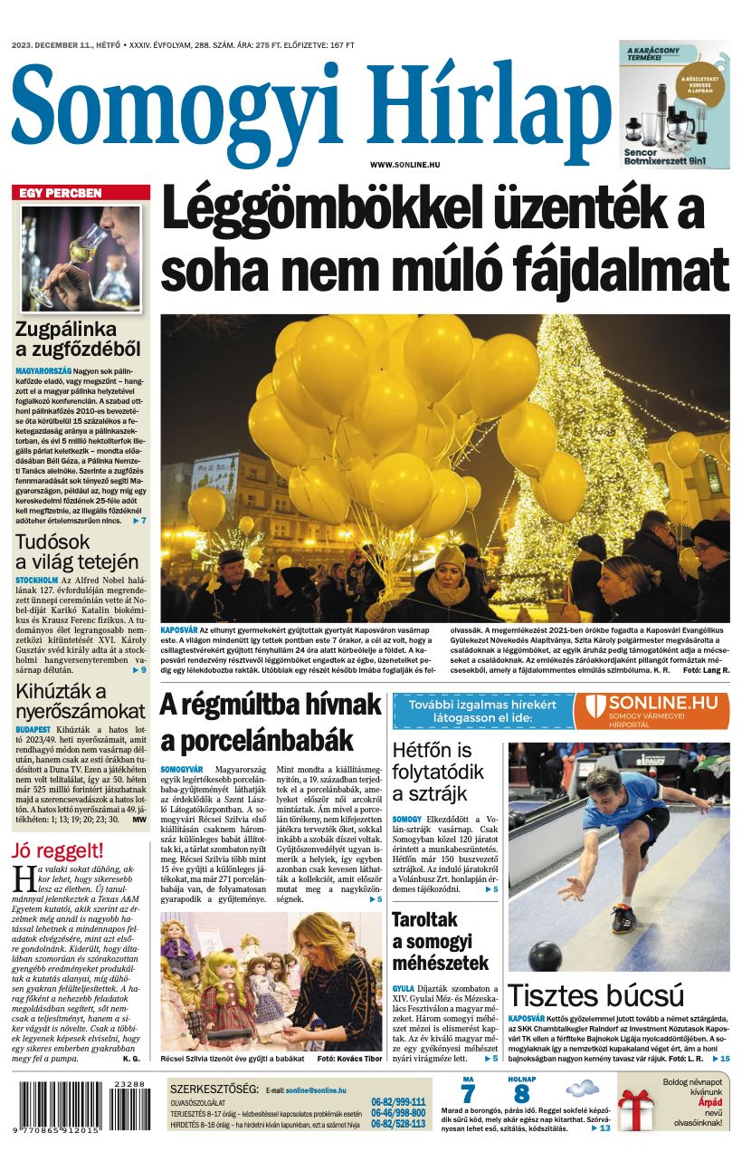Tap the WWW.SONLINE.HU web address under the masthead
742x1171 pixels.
[404, 164]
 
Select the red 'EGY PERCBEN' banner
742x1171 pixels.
[81, 193]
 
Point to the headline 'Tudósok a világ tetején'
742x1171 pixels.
[77, 552]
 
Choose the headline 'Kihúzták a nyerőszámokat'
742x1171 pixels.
[80, 701]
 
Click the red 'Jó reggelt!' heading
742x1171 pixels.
[58, 850]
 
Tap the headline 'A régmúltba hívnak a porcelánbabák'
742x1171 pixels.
[271, 721]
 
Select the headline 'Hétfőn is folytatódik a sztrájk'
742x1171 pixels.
[433, 773]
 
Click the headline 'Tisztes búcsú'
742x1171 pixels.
[595, 995]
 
